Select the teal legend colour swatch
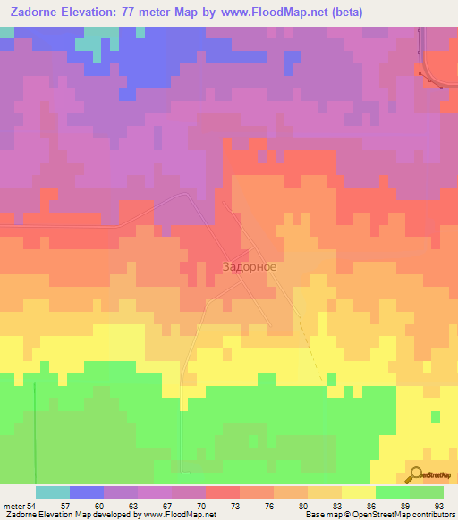pyautogui.click(x=53, y=492)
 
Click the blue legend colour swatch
pyautogui.click(x=87, y=492)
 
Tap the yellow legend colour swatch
pyautogui.click(x=359, y=492)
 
